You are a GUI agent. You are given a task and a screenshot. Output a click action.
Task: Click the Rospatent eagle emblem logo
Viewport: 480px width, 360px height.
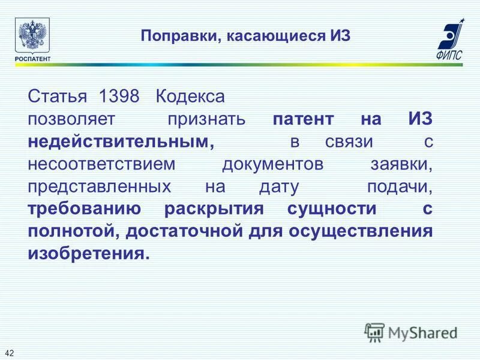point(32,35)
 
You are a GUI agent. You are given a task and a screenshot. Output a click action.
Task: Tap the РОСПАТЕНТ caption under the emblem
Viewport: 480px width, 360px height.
point(32,58)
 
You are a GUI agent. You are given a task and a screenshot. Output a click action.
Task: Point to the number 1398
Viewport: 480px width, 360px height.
point(119,96)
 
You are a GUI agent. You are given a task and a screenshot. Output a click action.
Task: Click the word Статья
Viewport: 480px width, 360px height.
point(58,96)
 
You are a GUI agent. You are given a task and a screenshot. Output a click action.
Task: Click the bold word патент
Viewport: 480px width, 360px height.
point(303,119)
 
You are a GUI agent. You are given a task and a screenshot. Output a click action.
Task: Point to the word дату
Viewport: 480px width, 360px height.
point(278,187)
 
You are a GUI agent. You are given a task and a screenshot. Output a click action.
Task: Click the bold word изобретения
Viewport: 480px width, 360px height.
point(87,254)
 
